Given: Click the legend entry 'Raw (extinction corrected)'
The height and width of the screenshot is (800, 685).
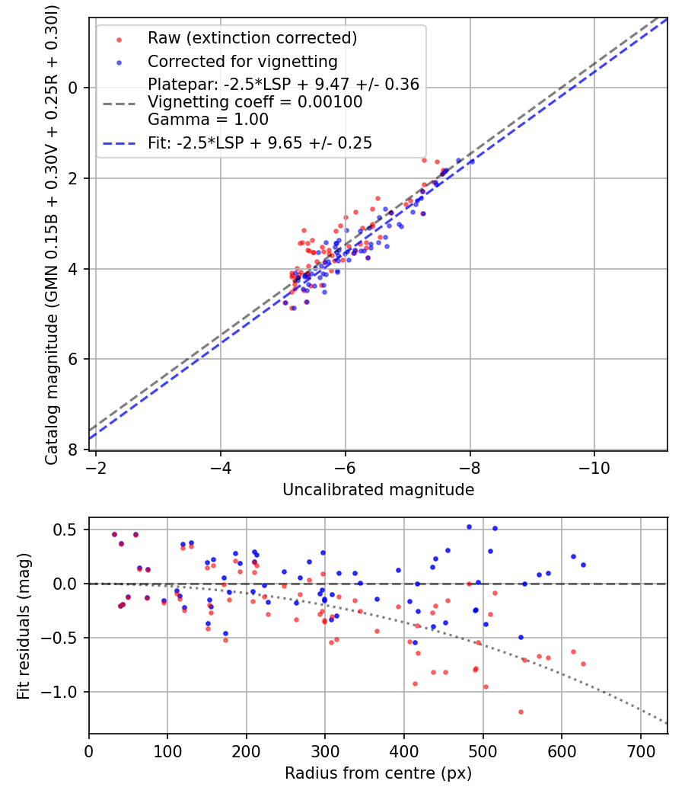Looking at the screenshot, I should [252, 38].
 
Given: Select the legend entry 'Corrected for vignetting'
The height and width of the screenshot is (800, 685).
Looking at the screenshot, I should [242, 61].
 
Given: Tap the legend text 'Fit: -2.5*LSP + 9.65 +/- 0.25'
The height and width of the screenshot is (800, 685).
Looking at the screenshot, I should [260, 143].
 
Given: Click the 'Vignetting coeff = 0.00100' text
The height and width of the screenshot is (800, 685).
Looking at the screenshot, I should [255, 102].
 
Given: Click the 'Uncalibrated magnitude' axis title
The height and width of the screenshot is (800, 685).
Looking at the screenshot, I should [378, 490].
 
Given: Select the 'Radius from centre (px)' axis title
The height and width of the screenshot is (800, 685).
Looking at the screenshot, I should [378, 773].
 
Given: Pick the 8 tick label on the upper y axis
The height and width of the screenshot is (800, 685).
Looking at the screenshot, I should [75, 450].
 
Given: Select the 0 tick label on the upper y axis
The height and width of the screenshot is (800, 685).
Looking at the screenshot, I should [75, 88].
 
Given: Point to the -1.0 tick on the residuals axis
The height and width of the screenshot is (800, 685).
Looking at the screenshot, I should [65, 692].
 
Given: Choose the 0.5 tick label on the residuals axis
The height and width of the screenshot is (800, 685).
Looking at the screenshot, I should [69, 530].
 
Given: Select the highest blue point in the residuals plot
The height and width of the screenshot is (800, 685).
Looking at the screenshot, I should [469, 526].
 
